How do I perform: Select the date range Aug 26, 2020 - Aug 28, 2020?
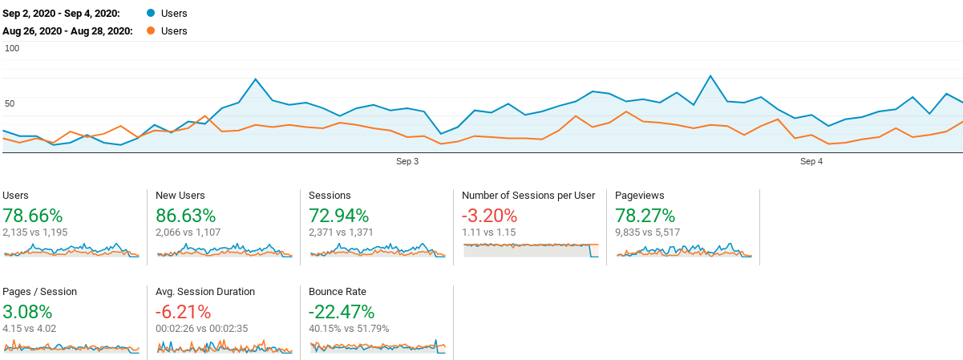(67, 31)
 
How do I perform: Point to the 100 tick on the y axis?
(12, 48)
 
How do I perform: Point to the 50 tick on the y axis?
(10, 103)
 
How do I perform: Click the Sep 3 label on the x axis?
(407, 162)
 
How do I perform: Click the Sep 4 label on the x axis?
(811, 162)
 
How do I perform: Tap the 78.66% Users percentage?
(33, 216)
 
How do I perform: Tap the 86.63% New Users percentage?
(186, 216)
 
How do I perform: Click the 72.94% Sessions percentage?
(338, 216)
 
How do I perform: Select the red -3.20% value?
(489, 216)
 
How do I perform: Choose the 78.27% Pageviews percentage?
(645, 216)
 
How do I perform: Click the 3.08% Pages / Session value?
(27, 312)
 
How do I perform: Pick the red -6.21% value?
(184, 312)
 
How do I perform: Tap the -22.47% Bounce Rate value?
(342, 312)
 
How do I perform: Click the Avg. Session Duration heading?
(205, 292)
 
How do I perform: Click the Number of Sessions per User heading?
(528, 196)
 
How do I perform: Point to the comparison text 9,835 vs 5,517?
(647, 233)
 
